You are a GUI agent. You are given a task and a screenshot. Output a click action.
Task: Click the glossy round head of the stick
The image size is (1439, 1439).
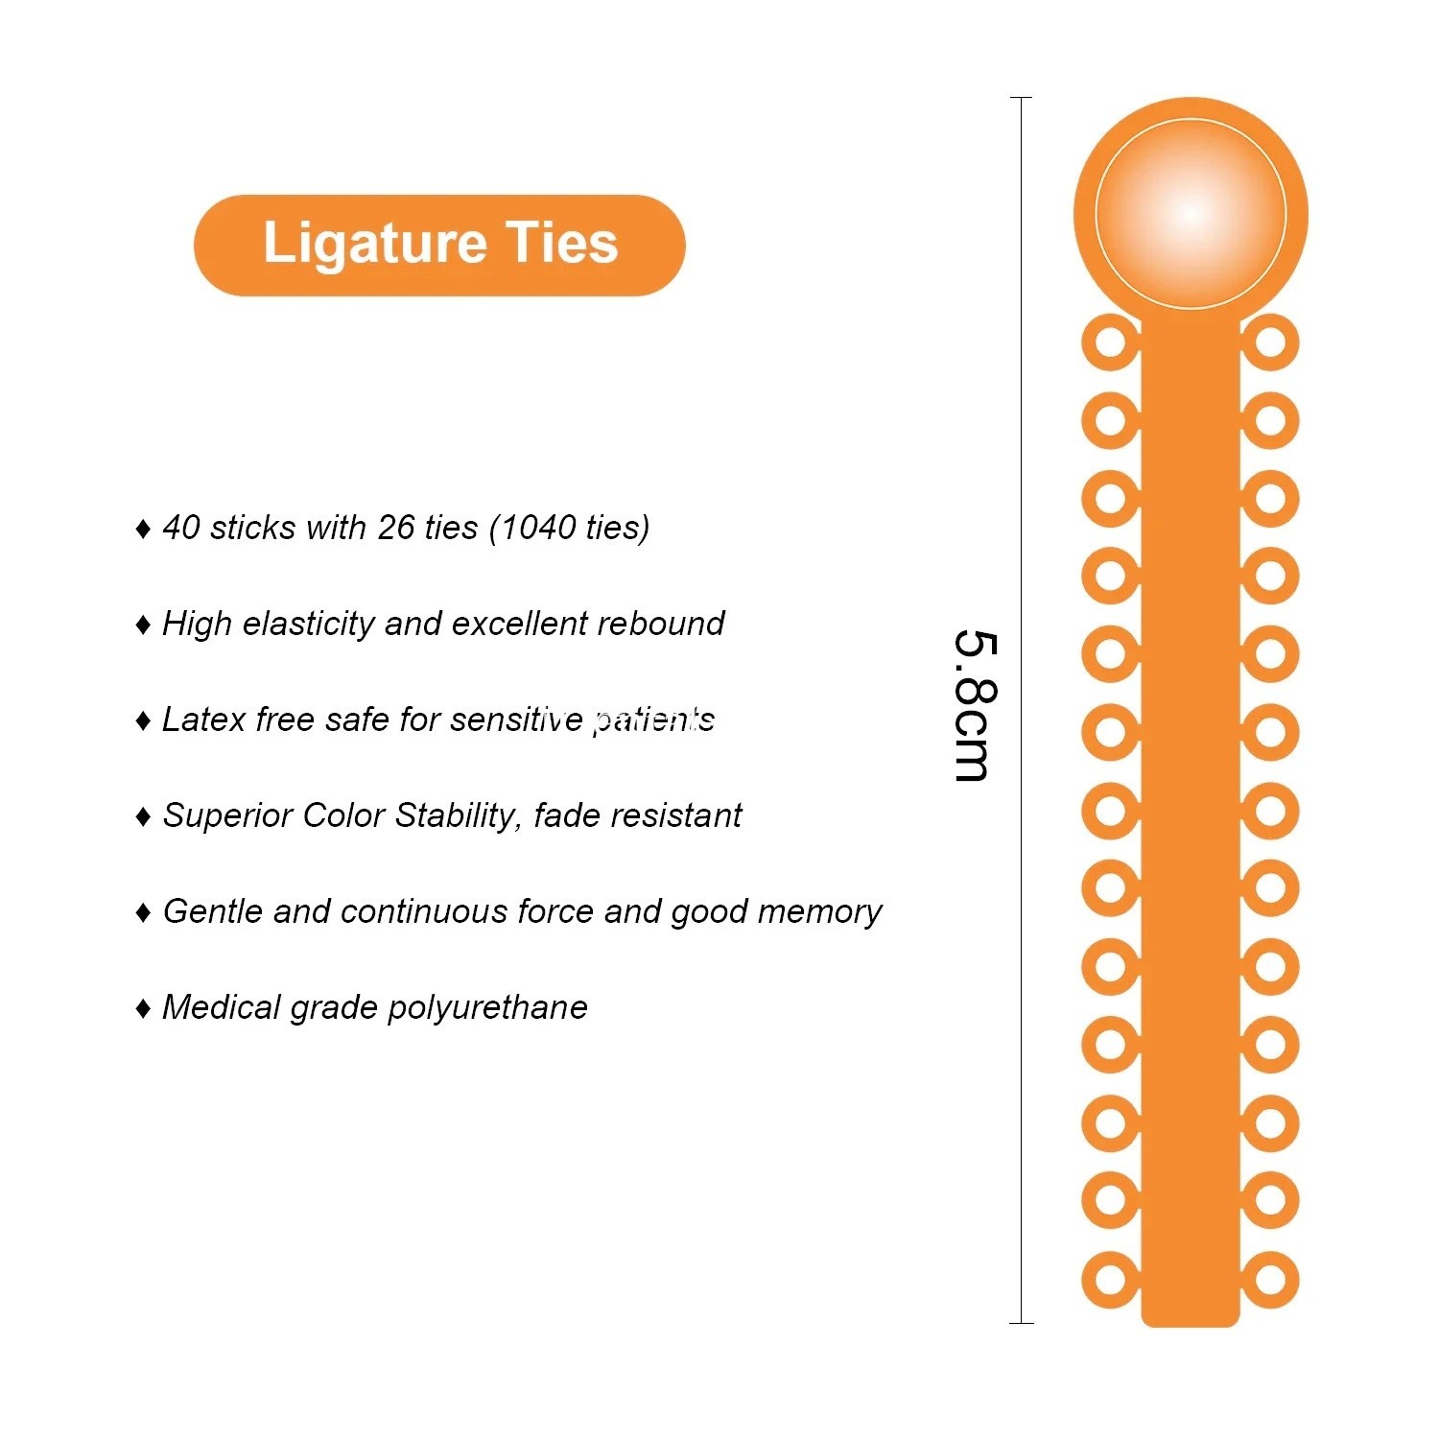(1191, 213)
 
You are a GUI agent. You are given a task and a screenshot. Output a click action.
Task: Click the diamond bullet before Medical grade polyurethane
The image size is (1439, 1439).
(143, 1008)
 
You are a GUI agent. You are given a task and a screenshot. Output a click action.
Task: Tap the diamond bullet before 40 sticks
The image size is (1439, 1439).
(143, 529)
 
